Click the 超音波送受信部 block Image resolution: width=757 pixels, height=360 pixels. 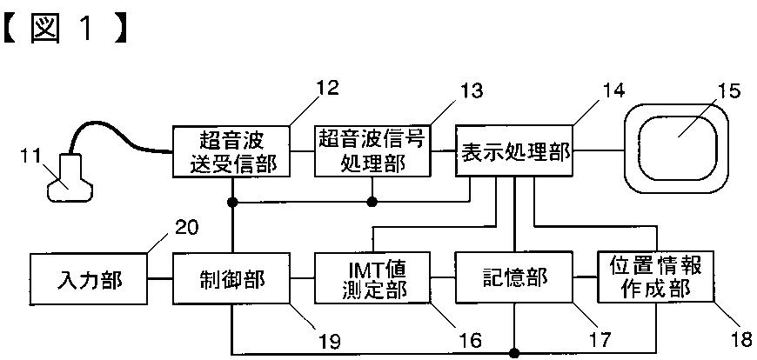[x=231, y=151]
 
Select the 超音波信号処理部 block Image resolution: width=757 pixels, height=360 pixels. [x=372, y=151]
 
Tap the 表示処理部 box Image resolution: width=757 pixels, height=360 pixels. [x=516, y=151]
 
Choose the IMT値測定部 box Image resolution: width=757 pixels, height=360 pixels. [x=372, y=278]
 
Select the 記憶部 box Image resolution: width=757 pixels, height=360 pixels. [x=515, y=278]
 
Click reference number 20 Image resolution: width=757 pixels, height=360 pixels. [x=185, y=228]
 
